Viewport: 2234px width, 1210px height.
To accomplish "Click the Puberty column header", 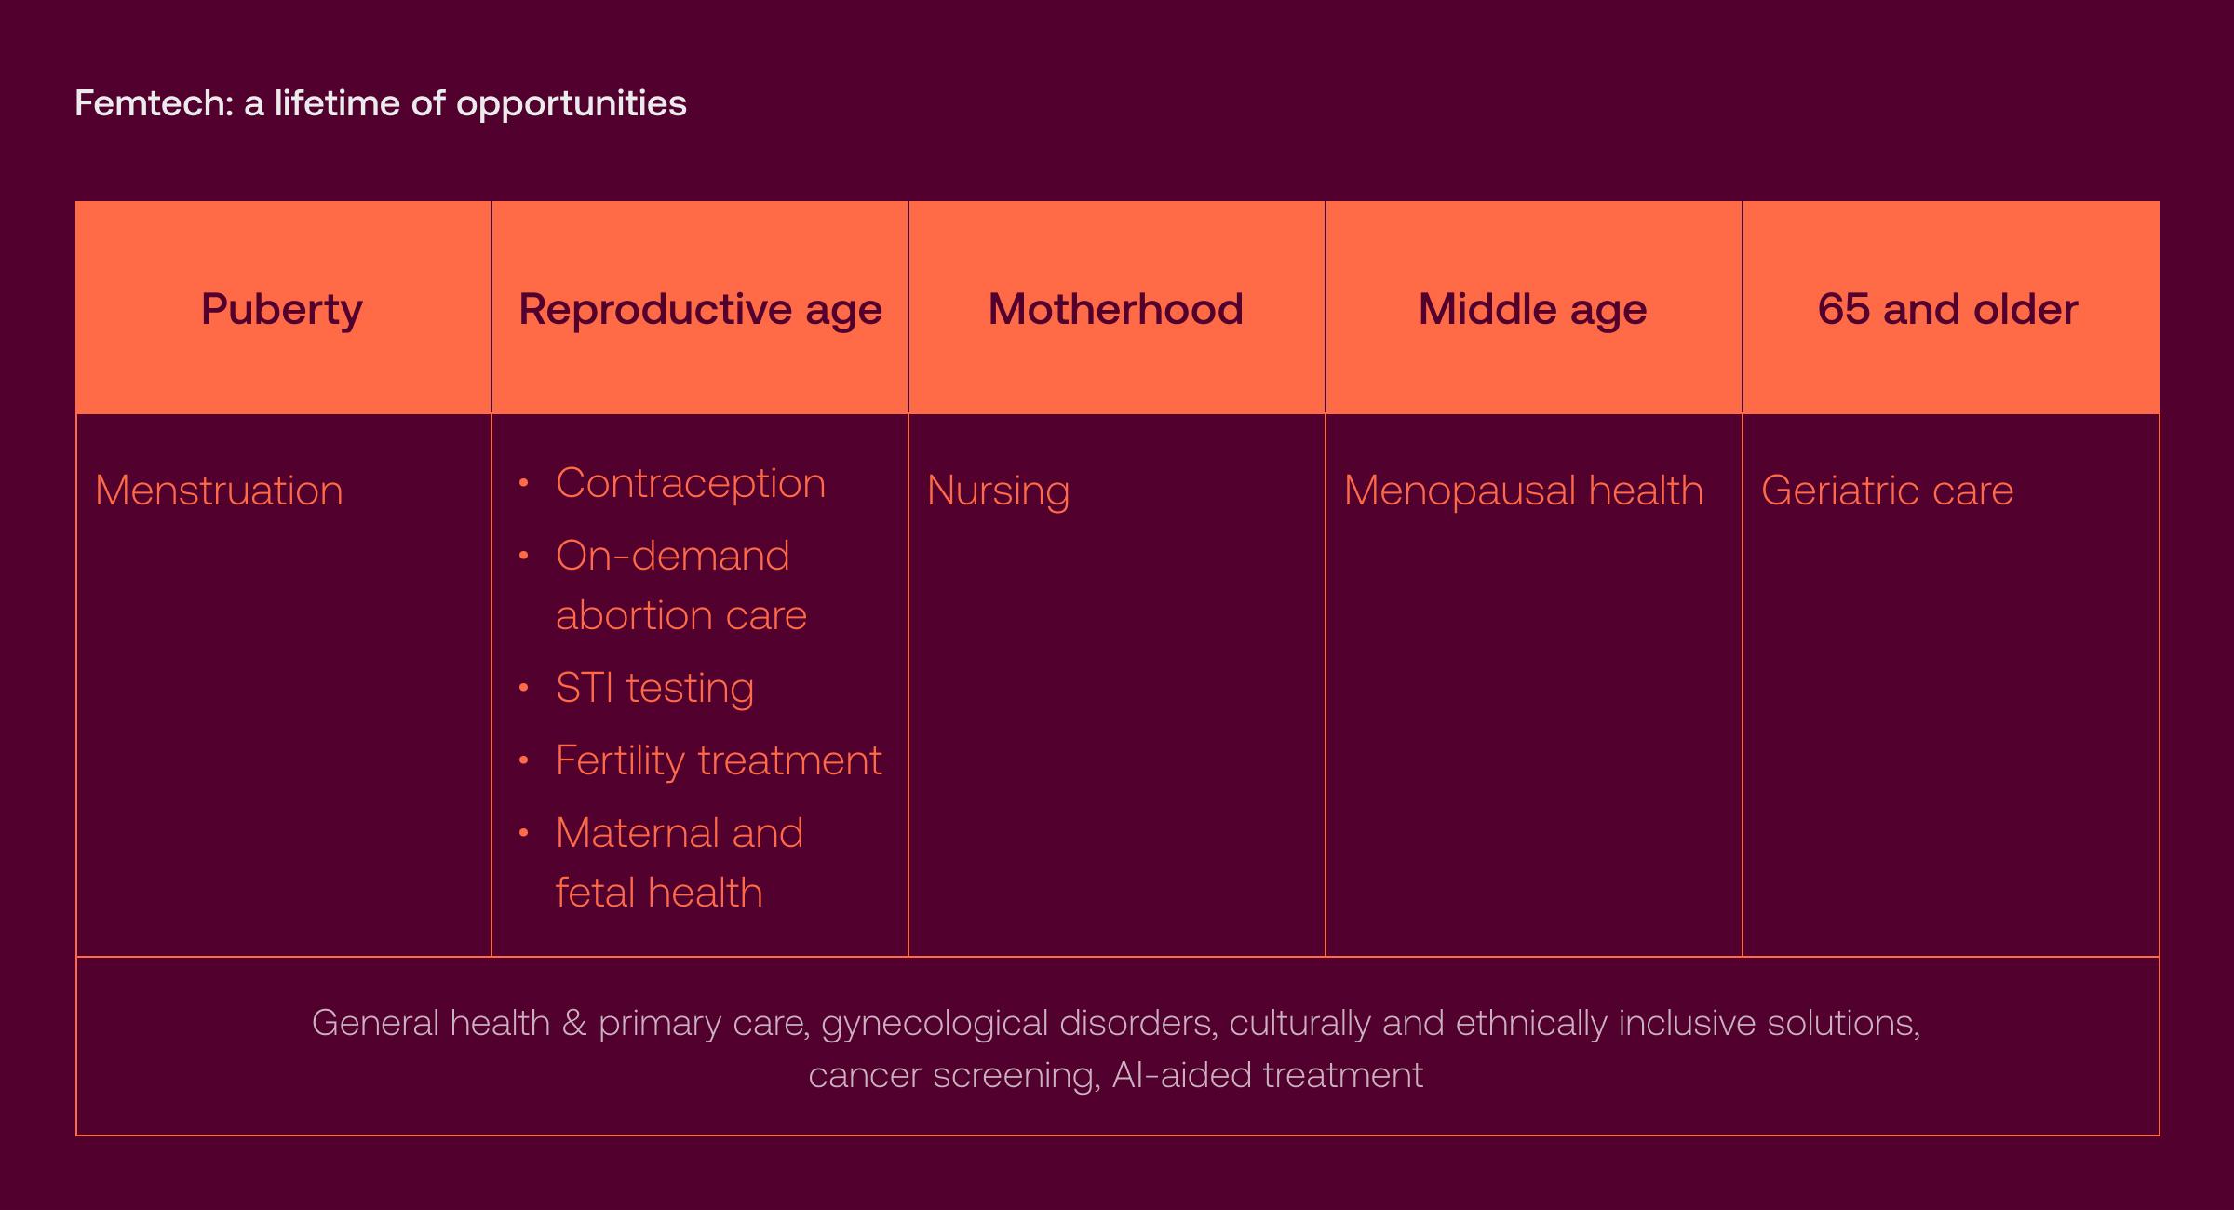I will (x=281, y=309).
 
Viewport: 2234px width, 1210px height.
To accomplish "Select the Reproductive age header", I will (x=700, y=309).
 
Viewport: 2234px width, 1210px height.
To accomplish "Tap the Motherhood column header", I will (x=1115, y=309).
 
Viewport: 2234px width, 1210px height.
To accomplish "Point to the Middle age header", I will (x=1532, y=309).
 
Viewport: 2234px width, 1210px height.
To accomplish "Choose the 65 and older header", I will (x=1947, y=309).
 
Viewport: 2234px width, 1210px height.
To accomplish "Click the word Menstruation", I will (x=219, y=491).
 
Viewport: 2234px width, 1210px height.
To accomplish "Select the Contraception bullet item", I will (x=690, y=483).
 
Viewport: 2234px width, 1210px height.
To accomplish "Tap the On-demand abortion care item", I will (x=680, y=585).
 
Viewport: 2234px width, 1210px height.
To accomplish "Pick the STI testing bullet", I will (x=654, y=688).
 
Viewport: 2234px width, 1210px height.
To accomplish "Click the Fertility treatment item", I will (x=718, y=760).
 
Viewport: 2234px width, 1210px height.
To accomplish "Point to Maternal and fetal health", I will (x=678, y=863).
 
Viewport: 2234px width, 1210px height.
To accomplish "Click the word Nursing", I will (x=998, y=491).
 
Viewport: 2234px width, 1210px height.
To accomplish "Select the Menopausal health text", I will (x=1523, y=491).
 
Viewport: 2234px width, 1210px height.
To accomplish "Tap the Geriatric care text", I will (x=1887, y=491).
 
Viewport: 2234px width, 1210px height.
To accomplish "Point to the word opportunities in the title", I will (x=571, y=104).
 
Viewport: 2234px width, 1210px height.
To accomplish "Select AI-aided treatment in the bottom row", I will (x=1267, y=1075).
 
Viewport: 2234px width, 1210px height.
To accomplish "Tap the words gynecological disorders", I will (x=1018, y=1023).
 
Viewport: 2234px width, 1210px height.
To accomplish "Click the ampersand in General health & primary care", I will (x=574, y=1023).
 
